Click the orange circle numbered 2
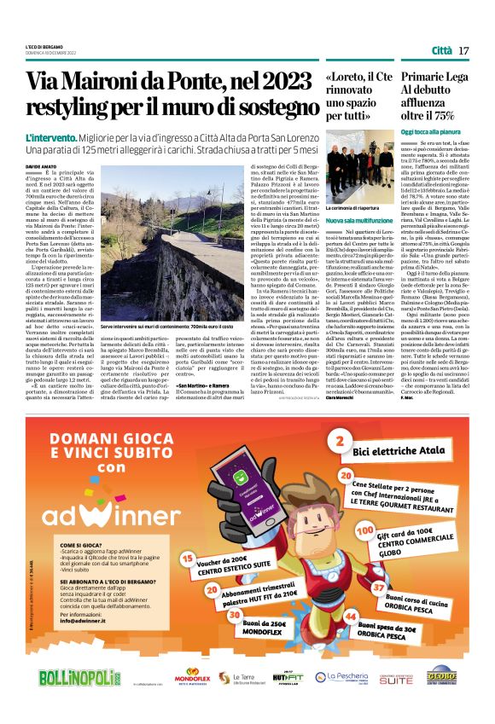340,441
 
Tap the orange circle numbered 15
189,560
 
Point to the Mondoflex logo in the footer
193,677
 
